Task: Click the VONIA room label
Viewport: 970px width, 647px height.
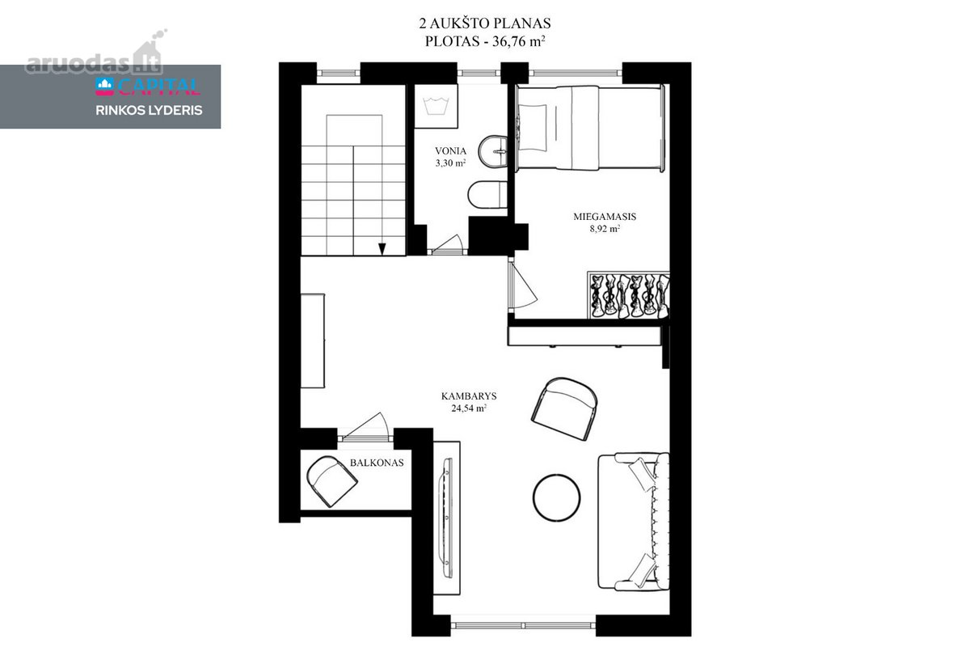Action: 450,151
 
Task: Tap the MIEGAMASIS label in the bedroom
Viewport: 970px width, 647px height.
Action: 605,217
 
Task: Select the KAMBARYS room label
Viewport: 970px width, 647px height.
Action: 469,396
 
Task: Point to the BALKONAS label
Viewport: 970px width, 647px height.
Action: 377,463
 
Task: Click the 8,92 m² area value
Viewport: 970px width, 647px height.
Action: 605,229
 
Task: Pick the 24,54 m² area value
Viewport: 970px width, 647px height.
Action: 469,408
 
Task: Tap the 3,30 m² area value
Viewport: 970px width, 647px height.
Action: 450,163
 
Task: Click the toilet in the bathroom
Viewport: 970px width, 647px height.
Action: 487,195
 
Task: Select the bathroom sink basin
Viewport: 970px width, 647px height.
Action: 493,151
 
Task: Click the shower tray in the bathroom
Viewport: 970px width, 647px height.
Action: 436,106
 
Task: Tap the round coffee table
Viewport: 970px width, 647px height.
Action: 556,497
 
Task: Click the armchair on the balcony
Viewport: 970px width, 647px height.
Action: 331,481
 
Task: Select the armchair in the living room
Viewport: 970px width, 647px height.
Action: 564,409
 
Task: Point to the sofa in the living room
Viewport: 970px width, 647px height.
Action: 634,521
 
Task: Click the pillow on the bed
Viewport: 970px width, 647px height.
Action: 533,128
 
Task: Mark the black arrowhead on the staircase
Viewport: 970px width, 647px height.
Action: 382,249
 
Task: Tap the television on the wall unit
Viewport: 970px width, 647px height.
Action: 446,518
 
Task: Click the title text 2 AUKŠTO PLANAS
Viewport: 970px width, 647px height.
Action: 484,23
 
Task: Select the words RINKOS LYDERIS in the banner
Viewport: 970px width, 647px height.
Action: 149,111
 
